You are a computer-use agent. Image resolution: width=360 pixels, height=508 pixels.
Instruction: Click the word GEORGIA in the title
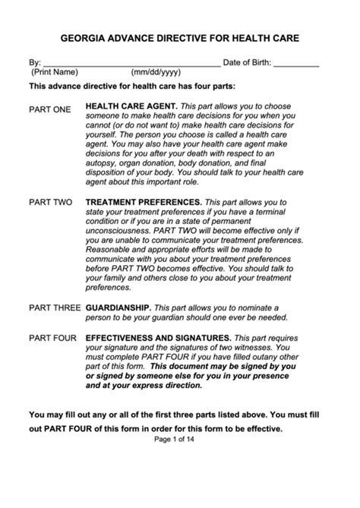[86, 36]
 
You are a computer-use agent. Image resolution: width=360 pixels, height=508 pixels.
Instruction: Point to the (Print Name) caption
[55, 72]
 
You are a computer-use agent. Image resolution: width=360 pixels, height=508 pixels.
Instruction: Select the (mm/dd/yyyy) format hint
[156, 72]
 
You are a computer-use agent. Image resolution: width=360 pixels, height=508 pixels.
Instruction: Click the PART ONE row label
[49, 109]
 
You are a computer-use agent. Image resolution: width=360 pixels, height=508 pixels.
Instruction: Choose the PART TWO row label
[50, 203]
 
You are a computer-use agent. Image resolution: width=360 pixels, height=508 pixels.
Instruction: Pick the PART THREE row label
[54, 308]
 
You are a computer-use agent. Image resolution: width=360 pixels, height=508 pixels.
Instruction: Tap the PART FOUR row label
[52, 336]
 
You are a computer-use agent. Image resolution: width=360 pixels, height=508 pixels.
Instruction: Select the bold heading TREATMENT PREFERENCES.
[144, 203]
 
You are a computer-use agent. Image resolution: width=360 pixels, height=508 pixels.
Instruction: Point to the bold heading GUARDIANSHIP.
[118, 308]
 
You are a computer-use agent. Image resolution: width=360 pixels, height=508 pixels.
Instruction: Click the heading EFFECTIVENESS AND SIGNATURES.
[158, 336]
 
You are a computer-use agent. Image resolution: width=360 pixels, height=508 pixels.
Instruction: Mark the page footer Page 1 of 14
[179, 439]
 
